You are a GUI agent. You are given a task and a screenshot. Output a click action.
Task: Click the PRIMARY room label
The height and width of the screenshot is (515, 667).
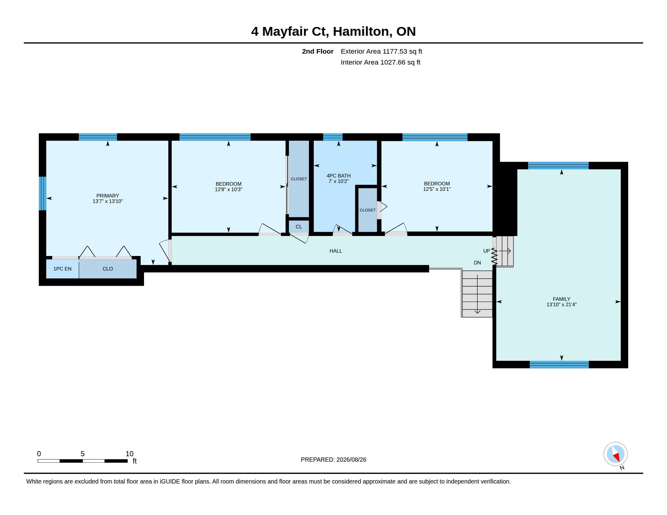[x=108, y=196]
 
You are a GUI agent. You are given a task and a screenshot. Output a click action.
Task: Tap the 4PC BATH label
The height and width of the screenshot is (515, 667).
[x=338, y=176]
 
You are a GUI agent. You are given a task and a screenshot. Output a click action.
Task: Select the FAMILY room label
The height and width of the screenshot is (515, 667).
[x=561, y=299]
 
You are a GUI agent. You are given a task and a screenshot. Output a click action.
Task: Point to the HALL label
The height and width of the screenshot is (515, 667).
[x=336, y=251]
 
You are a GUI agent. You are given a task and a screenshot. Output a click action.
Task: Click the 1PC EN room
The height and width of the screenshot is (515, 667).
[x=62, y=269]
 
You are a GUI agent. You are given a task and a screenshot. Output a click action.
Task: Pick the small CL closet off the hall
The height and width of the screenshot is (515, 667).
[x=299, y=227]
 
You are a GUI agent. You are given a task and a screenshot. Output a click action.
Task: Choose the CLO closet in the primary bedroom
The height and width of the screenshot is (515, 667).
[x=108, y=269]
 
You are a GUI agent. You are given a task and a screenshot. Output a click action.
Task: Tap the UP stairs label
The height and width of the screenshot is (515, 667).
[x=486, y=251]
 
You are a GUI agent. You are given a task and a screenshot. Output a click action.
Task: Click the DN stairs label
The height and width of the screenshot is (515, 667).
[x=477, y=263]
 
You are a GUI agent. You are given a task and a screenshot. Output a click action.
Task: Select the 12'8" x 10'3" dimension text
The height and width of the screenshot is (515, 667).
[x=228, y=189]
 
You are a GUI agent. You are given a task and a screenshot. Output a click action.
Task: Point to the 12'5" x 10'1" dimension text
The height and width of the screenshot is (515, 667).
[x=437, y=189]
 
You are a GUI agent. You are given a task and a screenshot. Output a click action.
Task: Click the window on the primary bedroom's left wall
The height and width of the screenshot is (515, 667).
[x=42, y=194]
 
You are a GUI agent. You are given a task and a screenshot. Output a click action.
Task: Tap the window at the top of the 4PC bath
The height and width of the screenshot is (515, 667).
[x=333, y=137]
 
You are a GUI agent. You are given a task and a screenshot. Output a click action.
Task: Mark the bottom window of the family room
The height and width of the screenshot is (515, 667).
[x=559, y=364]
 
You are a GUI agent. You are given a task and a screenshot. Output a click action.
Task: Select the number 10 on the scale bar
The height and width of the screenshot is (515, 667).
[x=129, y=454]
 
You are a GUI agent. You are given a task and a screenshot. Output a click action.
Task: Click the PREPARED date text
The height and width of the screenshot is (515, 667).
[x=333, y=460]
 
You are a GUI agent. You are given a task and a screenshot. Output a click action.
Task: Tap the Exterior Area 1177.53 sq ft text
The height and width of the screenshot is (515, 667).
[x=381, y=51]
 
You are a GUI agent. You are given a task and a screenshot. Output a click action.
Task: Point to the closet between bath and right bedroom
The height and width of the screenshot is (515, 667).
[x=367, y=210]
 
